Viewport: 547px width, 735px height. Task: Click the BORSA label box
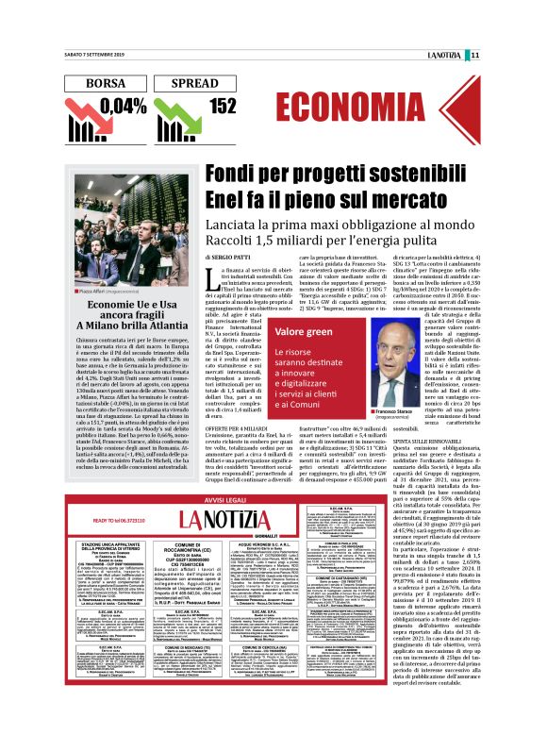click(106, 83)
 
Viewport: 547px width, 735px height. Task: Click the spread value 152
click(223, 107)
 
